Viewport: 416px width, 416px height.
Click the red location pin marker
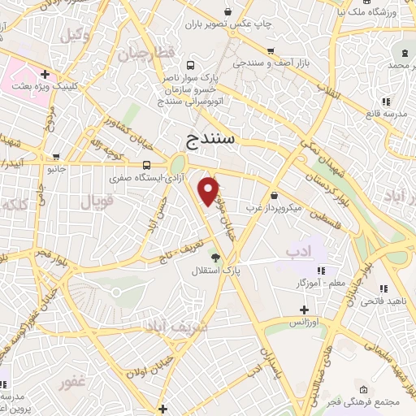click(210, 191)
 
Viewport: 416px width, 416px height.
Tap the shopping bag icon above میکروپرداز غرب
click(275, 196)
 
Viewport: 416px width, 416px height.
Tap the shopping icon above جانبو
click(56, 157)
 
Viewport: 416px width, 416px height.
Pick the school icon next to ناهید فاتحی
click(382, 289)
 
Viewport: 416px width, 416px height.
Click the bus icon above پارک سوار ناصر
click(189, 65)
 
